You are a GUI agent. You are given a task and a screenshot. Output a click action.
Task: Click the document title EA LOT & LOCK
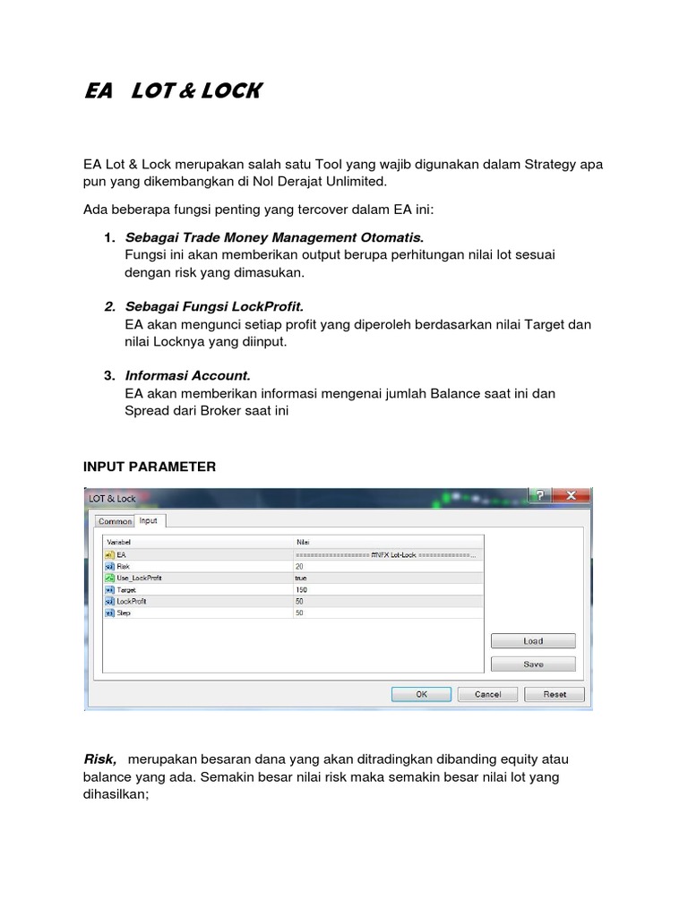point(171,91)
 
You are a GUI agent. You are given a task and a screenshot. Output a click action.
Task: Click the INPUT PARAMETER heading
point(150,467)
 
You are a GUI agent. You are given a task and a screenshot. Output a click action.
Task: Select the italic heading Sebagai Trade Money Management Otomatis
point(274,237)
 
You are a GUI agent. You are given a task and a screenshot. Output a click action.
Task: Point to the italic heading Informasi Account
point(187,375)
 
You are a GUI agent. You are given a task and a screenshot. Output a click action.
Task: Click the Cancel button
point(487,694)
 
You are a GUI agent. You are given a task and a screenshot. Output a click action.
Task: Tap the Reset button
point(555,694)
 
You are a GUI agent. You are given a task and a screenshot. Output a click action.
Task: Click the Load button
point(533,641)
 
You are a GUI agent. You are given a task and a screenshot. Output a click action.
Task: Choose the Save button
point(533,664)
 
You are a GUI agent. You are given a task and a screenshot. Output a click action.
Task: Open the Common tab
point(115,521)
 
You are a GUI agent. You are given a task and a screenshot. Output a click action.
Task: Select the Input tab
point(149,520)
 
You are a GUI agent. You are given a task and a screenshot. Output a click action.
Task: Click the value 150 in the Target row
point(301,590)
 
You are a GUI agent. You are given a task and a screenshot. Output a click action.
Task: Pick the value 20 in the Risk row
point(299,567)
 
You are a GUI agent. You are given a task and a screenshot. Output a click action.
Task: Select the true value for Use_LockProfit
point(301,578)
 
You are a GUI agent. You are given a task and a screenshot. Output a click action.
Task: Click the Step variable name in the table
point(124,613)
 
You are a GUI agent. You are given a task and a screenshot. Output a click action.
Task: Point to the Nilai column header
point(303,543)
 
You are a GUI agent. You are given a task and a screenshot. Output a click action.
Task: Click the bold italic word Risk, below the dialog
point(99,759)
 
